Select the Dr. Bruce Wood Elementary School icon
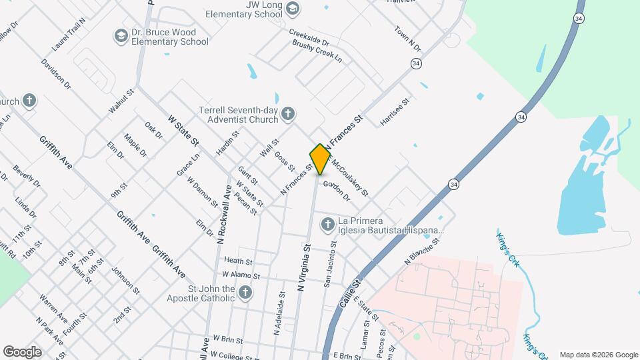(x=121, y=35)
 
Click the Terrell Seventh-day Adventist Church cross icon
(x=287, y=113)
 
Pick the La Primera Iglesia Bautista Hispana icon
(x=327, y=225)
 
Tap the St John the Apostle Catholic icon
(x=245, y=292)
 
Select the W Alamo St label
(x=240, y=275)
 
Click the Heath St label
(x=239, y=261)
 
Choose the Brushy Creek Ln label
(x=317, y=51)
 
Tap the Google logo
(x=22, y=352)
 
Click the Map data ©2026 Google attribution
(x=599, y=355)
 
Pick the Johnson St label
(x=125, y=281)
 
